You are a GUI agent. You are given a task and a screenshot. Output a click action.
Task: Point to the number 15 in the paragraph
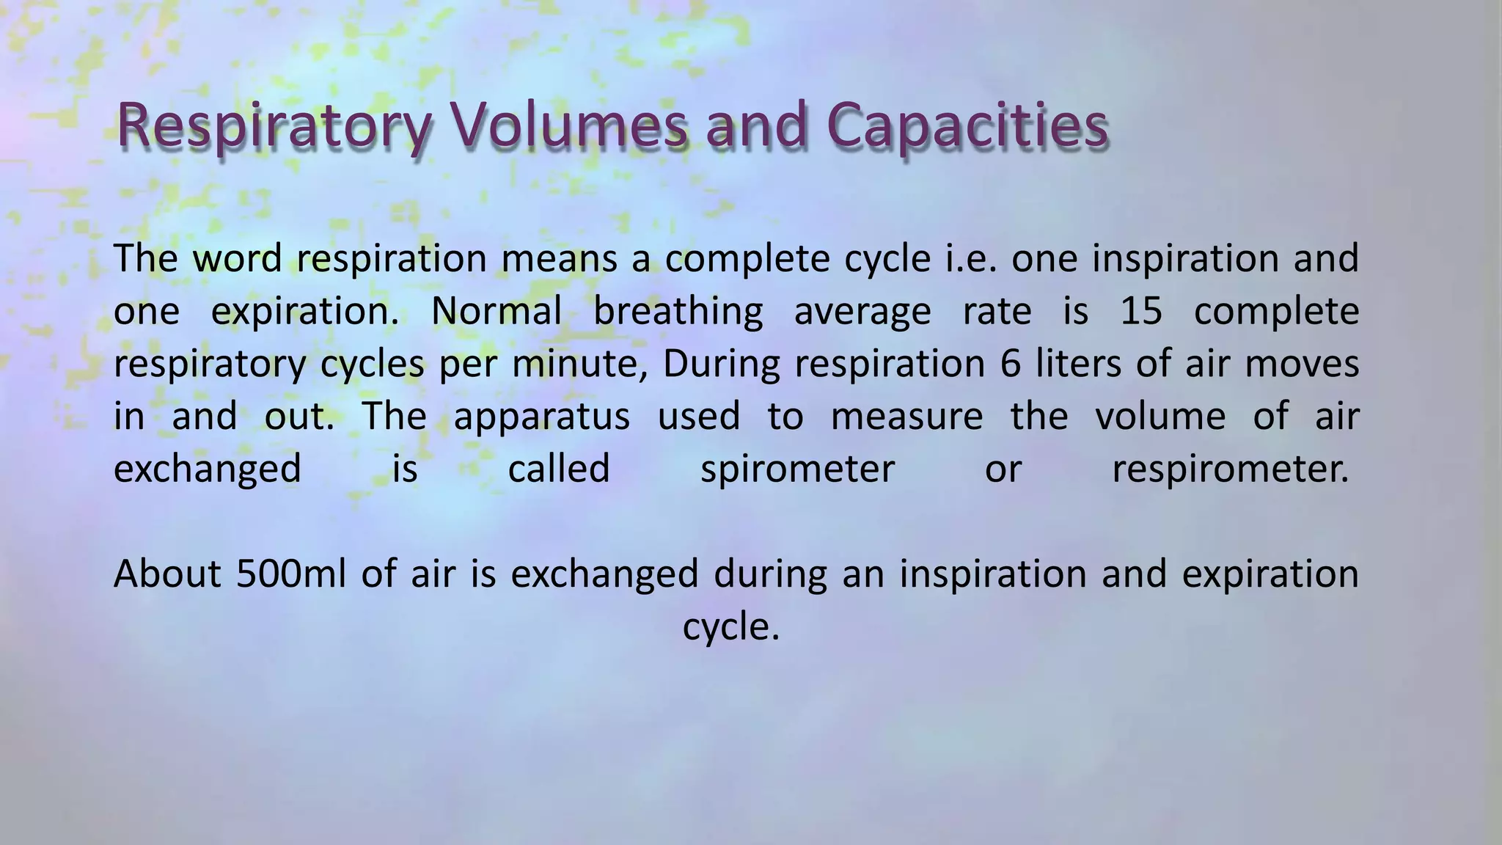pos(1141,311)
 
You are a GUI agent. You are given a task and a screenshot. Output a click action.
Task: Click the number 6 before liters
pos(1010,364)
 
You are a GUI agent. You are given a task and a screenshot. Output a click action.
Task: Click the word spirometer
pos(797,469)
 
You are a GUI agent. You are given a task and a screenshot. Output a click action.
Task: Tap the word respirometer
pos(1230,469)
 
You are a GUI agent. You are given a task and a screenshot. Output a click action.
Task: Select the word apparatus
pos(541,417)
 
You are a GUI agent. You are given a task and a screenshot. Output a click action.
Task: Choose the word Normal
pos(496,311)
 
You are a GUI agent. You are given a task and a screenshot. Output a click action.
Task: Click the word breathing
pos(678,311)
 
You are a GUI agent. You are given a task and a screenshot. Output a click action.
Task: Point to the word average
pos(862,311)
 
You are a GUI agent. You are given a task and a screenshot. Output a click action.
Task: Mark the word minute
pos(579,364)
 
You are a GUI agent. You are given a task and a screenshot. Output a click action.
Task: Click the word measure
pos(906,417)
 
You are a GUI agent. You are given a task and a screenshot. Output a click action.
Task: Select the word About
pos(167,574)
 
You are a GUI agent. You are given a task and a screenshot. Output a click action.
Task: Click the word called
pos(559,469)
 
